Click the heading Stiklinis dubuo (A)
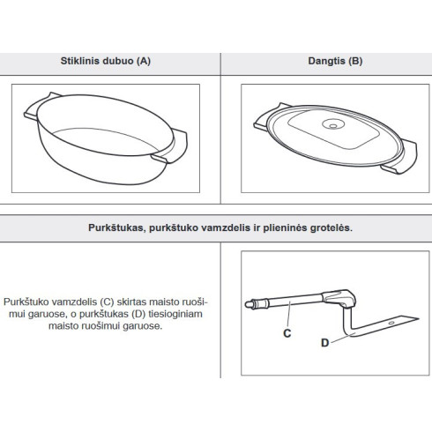106,61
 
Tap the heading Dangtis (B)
335,61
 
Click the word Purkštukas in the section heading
116,227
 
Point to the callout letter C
287,333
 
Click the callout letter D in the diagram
324,343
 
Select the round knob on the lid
333,124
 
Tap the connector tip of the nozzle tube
250,304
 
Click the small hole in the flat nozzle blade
391,323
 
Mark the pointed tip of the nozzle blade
419,318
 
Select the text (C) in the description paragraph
107,302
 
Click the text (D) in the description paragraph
138,314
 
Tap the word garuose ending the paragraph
143,326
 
